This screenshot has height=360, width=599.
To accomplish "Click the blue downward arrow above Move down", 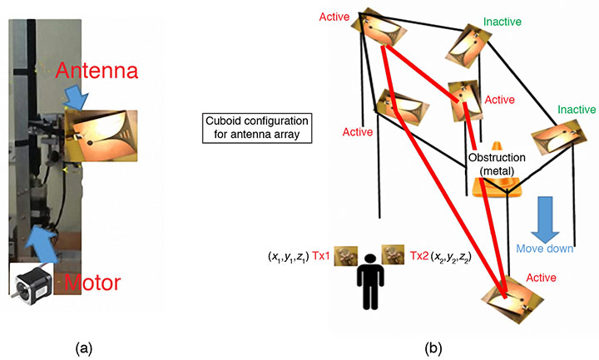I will point(547,215).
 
